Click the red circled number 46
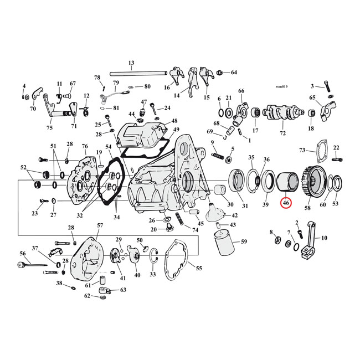pyautogui.click(x=286, y=203)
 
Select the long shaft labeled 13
pyautogui.click(x=131, y=73)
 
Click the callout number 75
pyautogui.click(x=49, y=127)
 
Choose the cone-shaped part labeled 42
pyautogui.click(x=214, y=213)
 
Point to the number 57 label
pyautogui.click(x=100, y=225)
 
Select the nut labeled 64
pyautogui.click(x=220, y=73)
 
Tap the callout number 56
pyautogui.click(x=23, y=253)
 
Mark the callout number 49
pyautogui.click(x=176, y=130)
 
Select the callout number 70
pyautogui.click(x=32, y=109)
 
